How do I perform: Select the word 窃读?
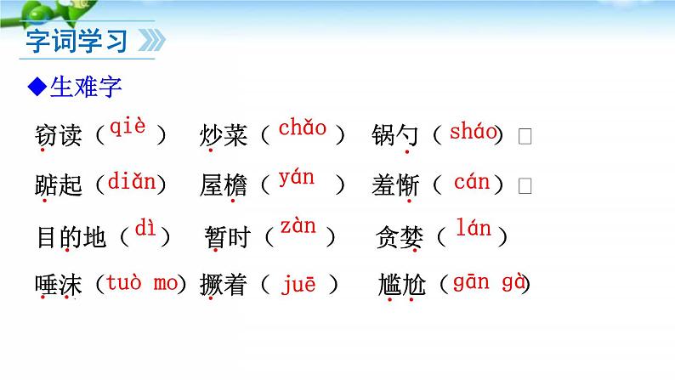point(59,135)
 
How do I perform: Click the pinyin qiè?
point(128,128)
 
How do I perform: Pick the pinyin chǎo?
point(303,129)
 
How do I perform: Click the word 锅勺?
point(395,135)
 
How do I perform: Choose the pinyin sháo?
point(473,131)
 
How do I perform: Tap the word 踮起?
point(59,184)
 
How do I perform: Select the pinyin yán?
point(296,179)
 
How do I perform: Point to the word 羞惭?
point(395,184)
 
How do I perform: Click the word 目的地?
point(71,236)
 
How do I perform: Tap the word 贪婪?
point(400,237)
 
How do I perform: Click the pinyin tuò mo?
point(140,283)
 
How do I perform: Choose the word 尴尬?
point(401,286)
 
